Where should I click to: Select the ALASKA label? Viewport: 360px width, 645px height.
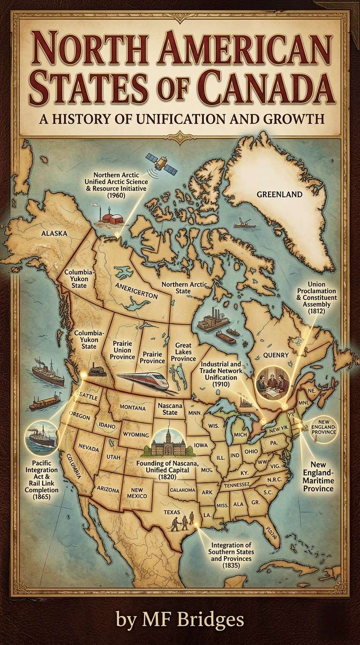54,232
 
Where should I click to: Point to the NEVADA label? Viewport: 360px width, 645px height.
89,448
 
